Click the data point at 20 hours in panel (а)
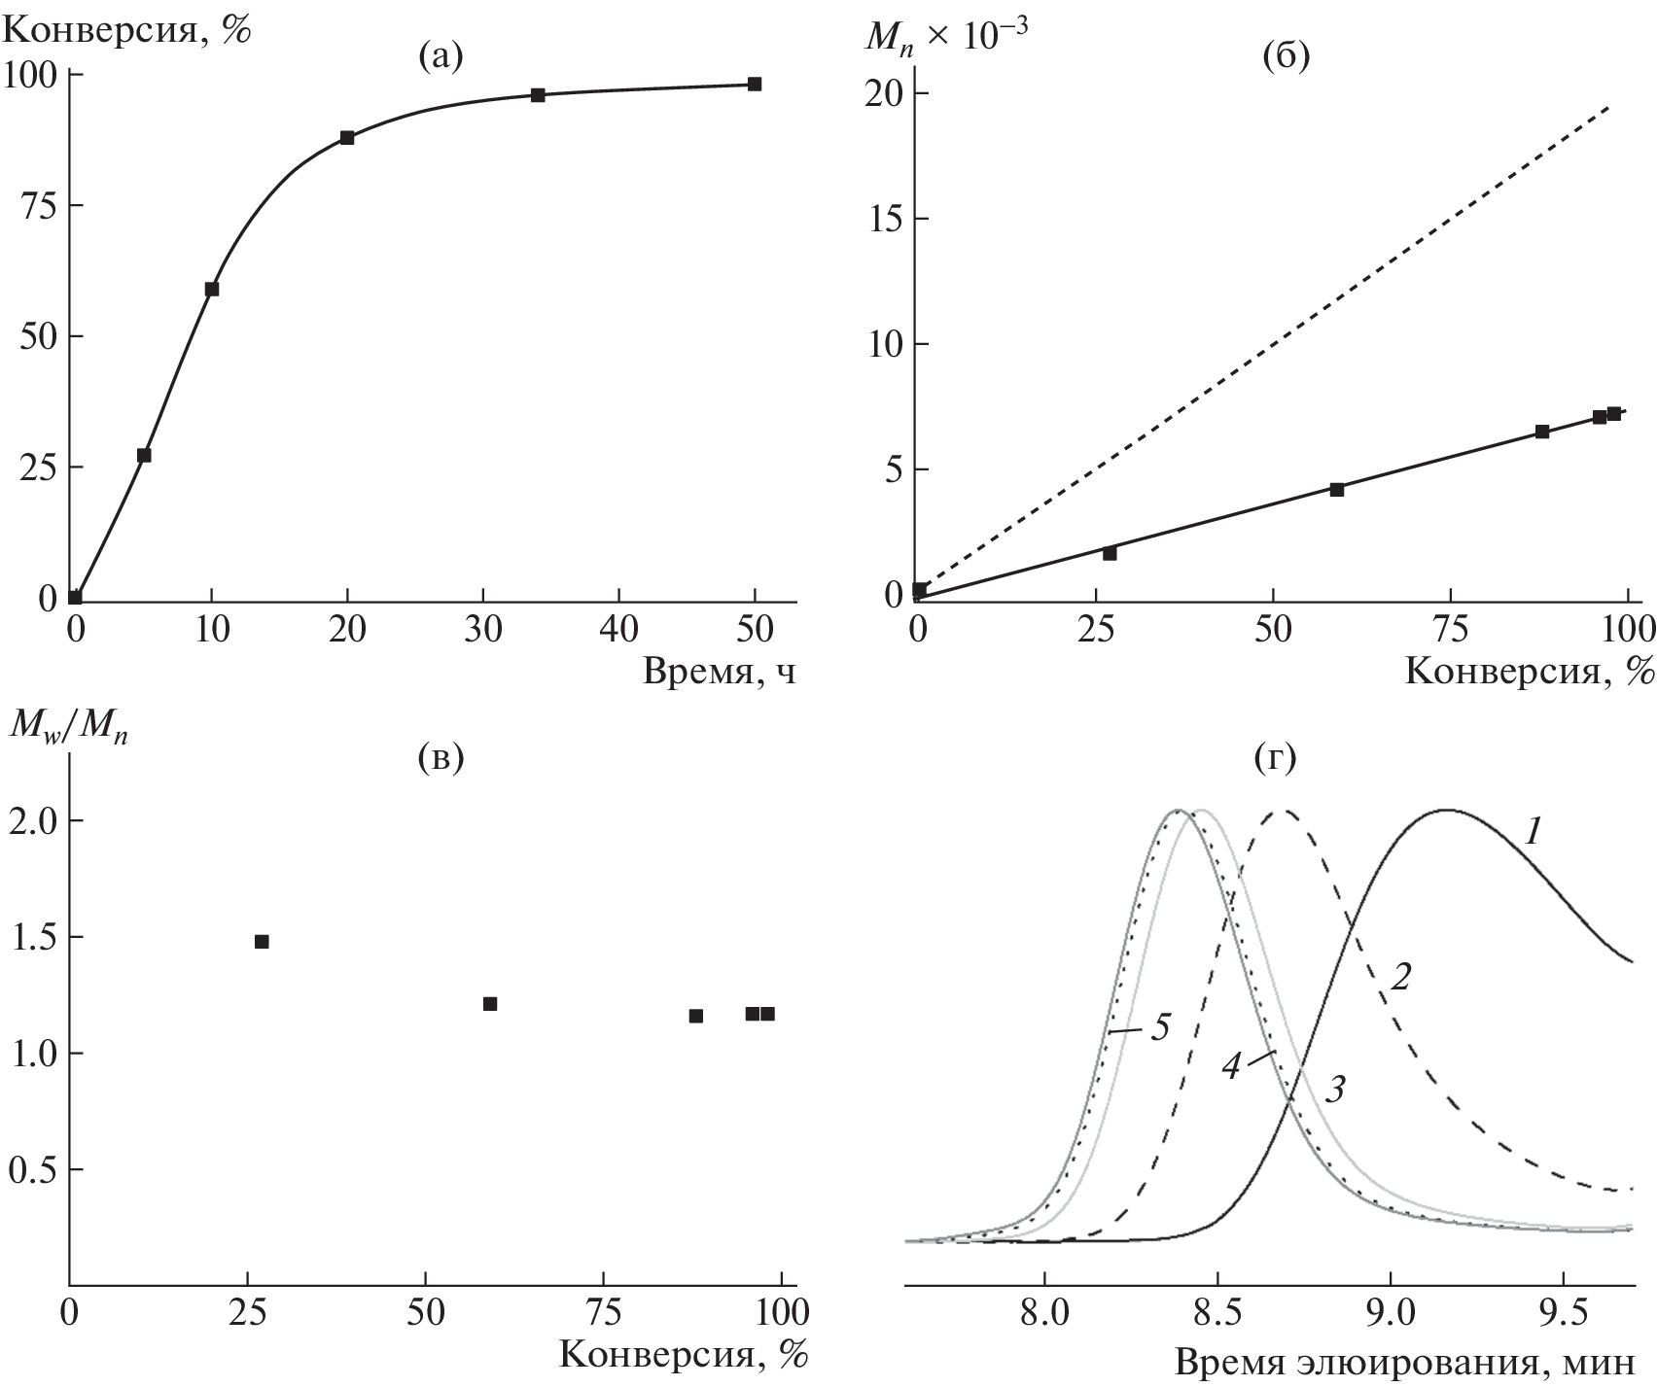coord(347,137)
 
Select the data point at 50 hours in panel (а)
coord(755,84)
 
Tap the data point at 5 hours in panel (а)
coord(144,455)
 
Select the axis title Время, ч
coord(719,672)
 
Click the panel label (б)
coord(1286,58)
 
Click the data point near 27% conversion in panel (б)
coord(1110,553)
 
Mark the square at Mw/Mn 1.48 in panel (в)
coord(262,941)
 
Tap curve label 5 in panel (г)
coord(1159,1026)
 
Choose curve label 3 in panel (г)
coord(1335,1090)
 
